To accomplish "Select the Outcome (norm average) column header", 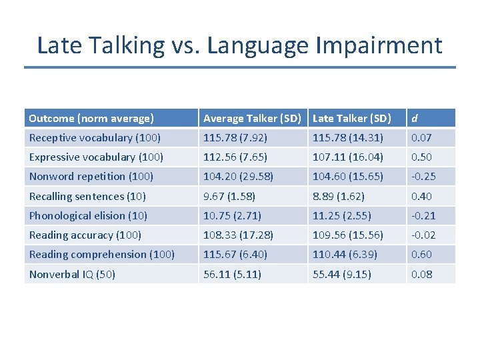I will point(91,119).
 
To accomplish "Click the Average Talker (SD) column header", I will point(252,119).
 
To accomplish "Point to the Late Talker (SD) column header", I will point(351,119).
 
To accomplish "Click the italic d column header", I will point(415,119).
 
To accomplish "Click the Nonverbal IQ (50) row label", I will point(72,274).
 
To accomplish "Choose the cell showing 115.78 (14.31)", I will point(347,138).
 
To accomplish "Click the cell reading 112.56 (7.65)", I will point(235,157).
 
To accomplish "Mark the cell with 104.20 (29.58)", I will point(238,177).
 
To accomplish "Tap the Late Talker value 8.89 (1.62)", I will point(339,196).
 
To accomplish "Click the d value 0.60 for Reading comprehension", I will point(421,254).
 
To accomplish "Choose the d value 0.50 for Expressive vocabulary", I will point(421,157).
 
